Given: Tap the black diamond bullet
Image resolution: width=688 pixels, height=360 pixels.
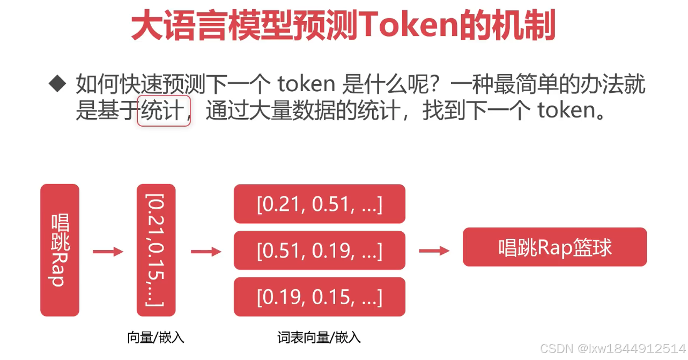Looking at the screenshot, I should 57,83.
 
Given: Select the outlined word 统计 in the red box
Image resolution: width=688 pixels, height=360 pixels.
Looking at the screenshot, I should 164,111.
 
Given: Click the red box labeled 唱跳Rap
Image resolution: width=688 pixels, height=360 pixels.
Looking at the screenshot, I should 60,250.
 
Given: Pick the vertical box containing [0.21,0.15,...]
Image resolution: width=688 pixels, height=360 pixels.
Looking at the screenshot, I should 156,250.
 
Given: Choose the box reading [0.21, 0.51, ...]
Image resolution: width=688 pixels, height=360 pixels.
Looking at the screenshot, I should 319,204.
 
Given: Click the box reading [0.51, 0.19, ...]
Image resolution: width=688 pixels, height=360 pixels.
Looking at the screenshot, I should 319,250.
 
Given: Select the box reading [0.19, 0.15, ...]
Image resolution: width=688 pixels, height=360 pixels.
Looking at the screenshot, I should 319,297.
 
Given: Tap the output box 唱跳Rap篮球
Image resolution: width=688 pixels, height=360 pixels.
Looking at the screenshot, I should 554,247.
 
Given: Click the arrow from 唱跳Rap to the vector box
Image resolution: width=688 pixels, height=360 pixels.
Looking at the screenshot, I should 108,252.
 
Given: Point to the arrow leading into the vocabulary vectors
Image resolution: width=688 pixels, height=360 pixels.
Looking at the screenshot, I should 206,252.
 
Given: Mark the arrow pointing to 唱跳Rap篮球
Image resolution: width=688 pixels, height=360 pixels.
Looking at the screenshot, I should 434,251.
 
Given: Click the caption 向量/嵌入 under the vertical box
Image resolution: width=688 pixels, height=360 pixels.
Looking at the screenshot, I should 156,337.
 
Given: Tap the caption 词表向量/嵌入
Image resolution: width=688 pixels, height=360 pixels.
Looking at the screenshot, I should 319,337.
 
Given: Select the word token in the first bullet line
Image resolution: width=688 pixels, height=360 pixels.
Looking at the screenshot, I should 306,84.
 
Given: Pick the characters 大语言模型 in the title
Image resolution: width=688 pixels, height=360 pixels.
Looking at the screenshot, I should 212,27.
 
